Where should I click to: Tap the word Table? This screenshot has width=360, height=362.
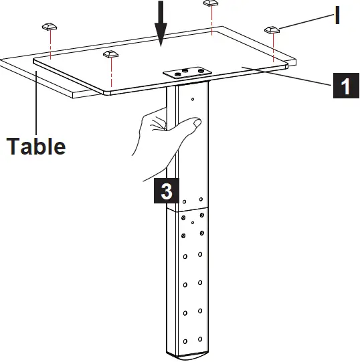pos(36,145)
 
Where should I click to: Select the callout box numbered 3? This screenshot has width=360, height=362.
pos(165,190)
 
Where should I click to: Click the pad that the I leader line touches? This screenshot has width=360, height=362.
pos(272,30)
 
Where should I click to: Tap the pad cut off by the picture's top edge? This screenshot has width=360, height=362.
pos(211,3)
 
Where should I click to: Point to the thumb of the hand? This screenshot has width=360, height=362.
pos(191,123)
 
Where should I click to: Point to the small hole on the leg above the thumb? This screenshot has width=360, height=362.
pos(193,100)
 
